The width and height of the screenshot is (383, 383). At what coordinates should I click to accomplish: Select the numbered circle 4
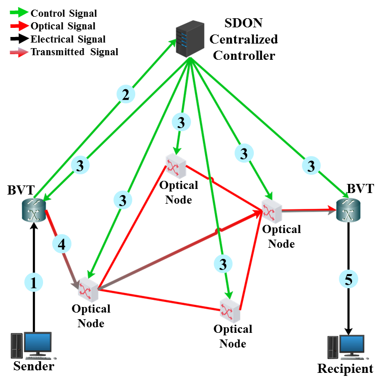pyautogui.click(x=61, y=245)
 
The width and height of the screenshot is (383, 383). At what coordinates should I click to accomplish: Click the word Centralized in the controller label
pyautogui.click(x=244, y=39)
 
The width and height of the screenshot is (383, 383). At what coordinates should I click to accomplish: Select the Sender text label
pyautogui.click(x=34, y=367)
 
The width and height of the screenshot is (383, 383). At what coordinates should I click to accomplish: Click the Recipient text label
pyautogui.click(x=345, y=368)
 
